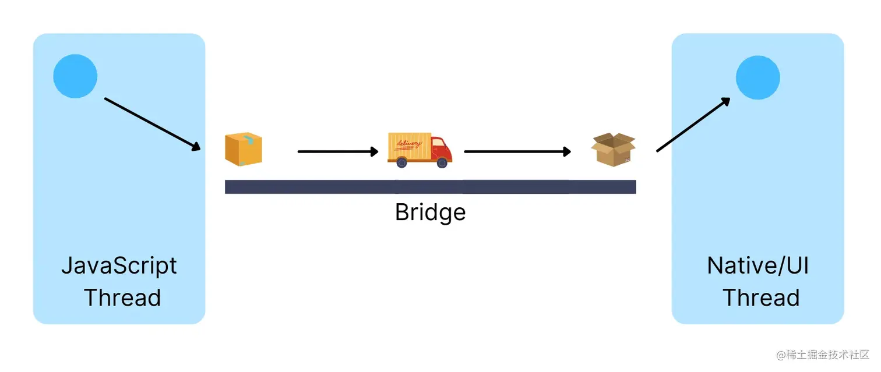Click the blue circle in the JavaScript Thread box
click(x=75, y=76)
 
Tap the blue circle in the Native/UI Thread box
click(x=757, y=77)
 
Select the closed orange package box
click(x=244, y=149)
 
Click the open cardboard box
click(x=613, y=149)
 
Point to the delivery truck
click(x=420, y=150)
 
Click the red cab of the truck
click(x=441, y=150)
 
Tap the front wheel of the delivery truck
click(x=442, y=162)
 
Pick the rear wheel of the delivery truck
click(x=401, y=162)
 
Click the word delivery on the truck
click(x=408, y=144)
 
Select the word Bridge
click(x=430, y=212)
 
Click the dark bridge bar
click(x=430, y=187)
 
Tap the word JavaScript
click(x=119, y=267)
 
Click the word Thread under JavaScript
click(x=122, y=297)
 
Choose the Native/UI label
click(x=757, y=266)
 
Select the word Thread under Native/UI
click(x=761, y=297)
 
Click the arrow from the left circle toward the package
click(x=153, y=124)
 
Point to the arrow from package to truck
click(x=338, y=151)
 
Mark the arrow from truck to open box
click(x=517, y=151)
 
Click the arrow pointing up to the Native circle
click(x=693, y=125)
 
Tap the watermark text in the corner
click(x=823, y=355)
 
